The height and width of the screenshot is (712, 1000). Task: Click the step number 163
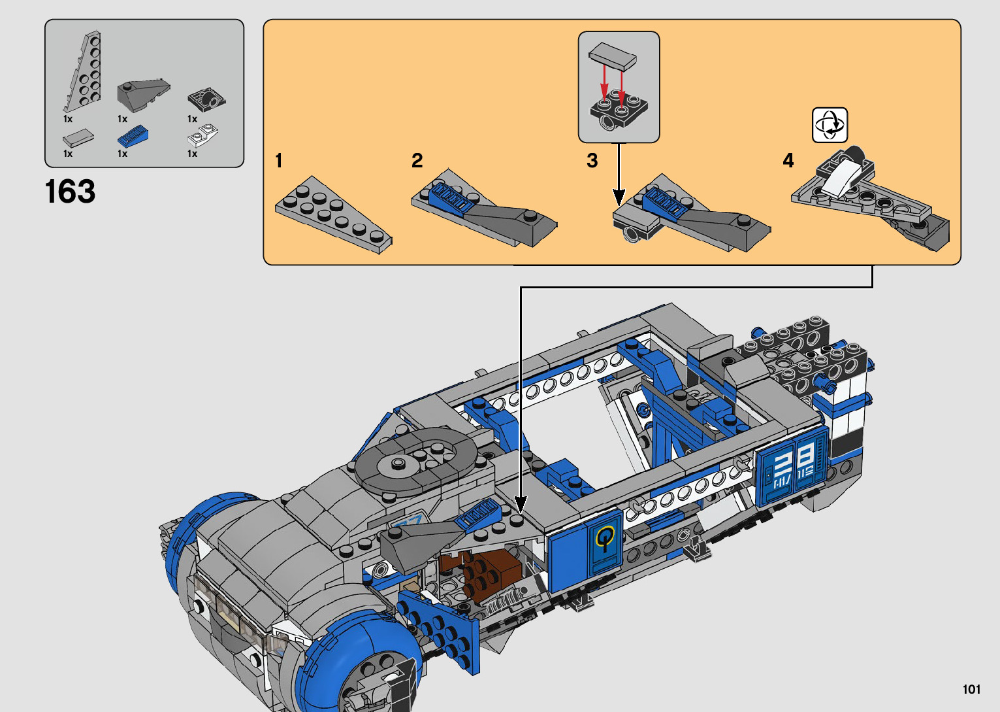[70, 192]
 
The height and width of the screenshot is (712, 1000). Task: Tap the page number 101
[971, 689]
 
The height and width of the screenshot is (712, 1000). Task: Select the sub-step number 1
[279, 160]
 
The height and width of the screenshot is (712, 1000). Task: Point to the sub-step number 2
[417, 160]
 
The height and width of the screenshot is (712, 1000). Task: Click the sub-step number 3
[592, 160]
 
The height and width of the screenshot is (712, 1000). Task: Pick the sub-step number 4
[788, 160]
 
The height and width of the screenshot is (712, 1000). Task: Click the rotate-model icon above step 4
[830, 125]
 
